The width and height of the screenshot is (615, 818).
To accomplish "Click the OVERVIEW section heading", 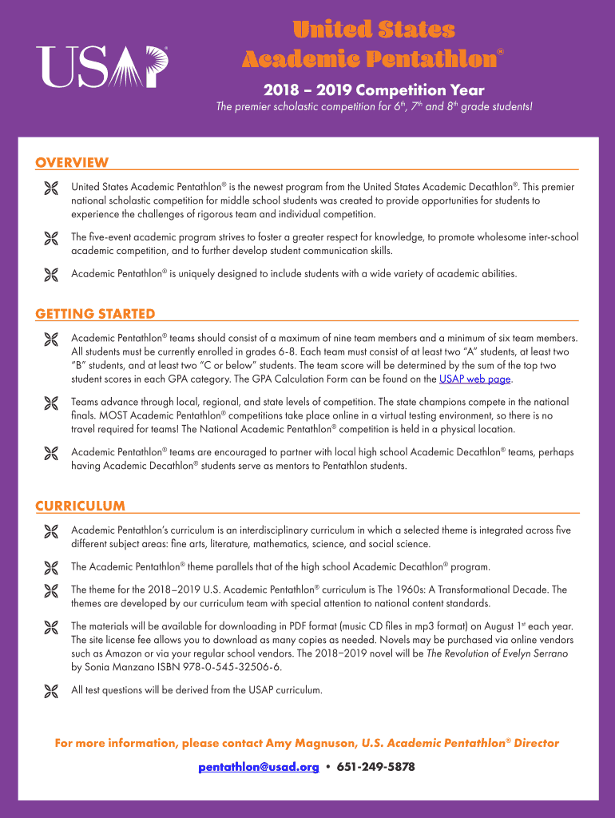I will [72, 163].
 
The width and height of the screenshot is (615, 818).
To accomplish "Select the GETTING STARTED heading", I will [95, 314].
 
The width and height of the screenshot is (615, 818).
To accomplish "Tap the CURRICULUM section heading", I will [80, 506].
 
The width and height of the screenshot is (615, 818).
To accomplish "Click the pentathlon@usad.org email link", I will [259, 767].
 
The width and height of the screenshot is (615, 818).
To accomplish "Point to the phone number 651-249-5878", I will [375, 767].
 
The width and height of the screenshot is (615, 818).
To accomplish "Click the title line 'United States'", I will [373, 30].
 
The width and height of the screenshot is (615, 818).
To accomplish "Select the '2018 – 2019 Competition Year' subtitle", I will [373, 90].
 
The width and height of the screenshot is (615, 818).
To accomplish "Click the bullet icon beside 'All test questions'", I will [52, 690].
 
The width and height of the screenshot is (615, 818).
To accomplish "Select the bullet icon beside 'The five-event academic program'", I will [52, 237].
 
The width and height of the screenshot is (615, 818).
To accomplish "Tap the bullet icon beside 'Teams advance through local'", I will [52, 403].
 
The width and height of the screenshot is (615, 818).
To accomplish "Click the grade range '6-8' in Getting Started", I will [283, 351].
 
